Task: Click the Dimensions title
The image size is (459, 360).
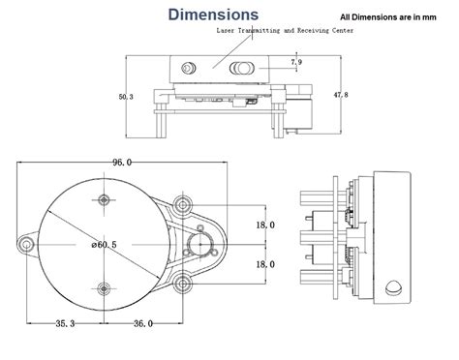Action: (213, 15)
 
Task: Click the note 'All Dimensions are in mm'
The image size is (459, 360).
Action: (388, 17)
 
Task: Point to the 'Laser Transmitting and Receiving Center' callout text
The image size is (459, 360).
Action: (285, 31)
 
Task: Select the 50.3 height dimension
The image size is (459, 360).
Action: (126, 97)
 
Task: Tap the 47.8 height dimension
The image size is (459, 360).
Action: (341, 95)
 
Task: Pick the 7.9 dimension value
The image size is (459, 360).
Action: (296, 62)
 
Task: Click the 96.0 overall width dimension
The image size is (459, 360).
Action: (122, 163)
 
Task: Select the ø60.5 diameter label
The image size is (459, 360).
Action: (104, 245)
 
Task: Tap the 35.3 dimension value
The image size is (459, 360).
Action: (65, 323)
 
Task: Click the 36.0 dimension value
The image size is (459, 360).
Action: (143, 323)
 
